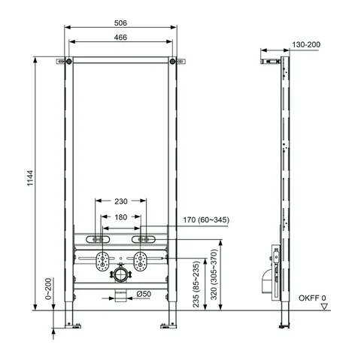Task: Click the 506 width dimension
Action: tap(120, 23)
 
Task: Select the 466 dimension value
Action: tap(120, 38)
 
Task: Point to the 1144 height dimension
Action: tap(30, 178)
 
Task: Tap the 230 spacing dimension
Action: tap(121, 201)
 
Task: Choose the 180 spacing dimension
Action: tap(121, 217)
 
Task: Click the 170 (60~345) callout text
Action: tap(206, 220)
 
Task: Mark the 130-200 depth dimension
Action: tap(306, 44)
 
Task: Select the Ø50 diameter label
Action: tap(144, 294)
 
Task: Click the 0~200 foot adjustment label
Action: tap(48, 289)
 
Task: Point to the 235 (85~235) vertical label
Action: tap(196, 284)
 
